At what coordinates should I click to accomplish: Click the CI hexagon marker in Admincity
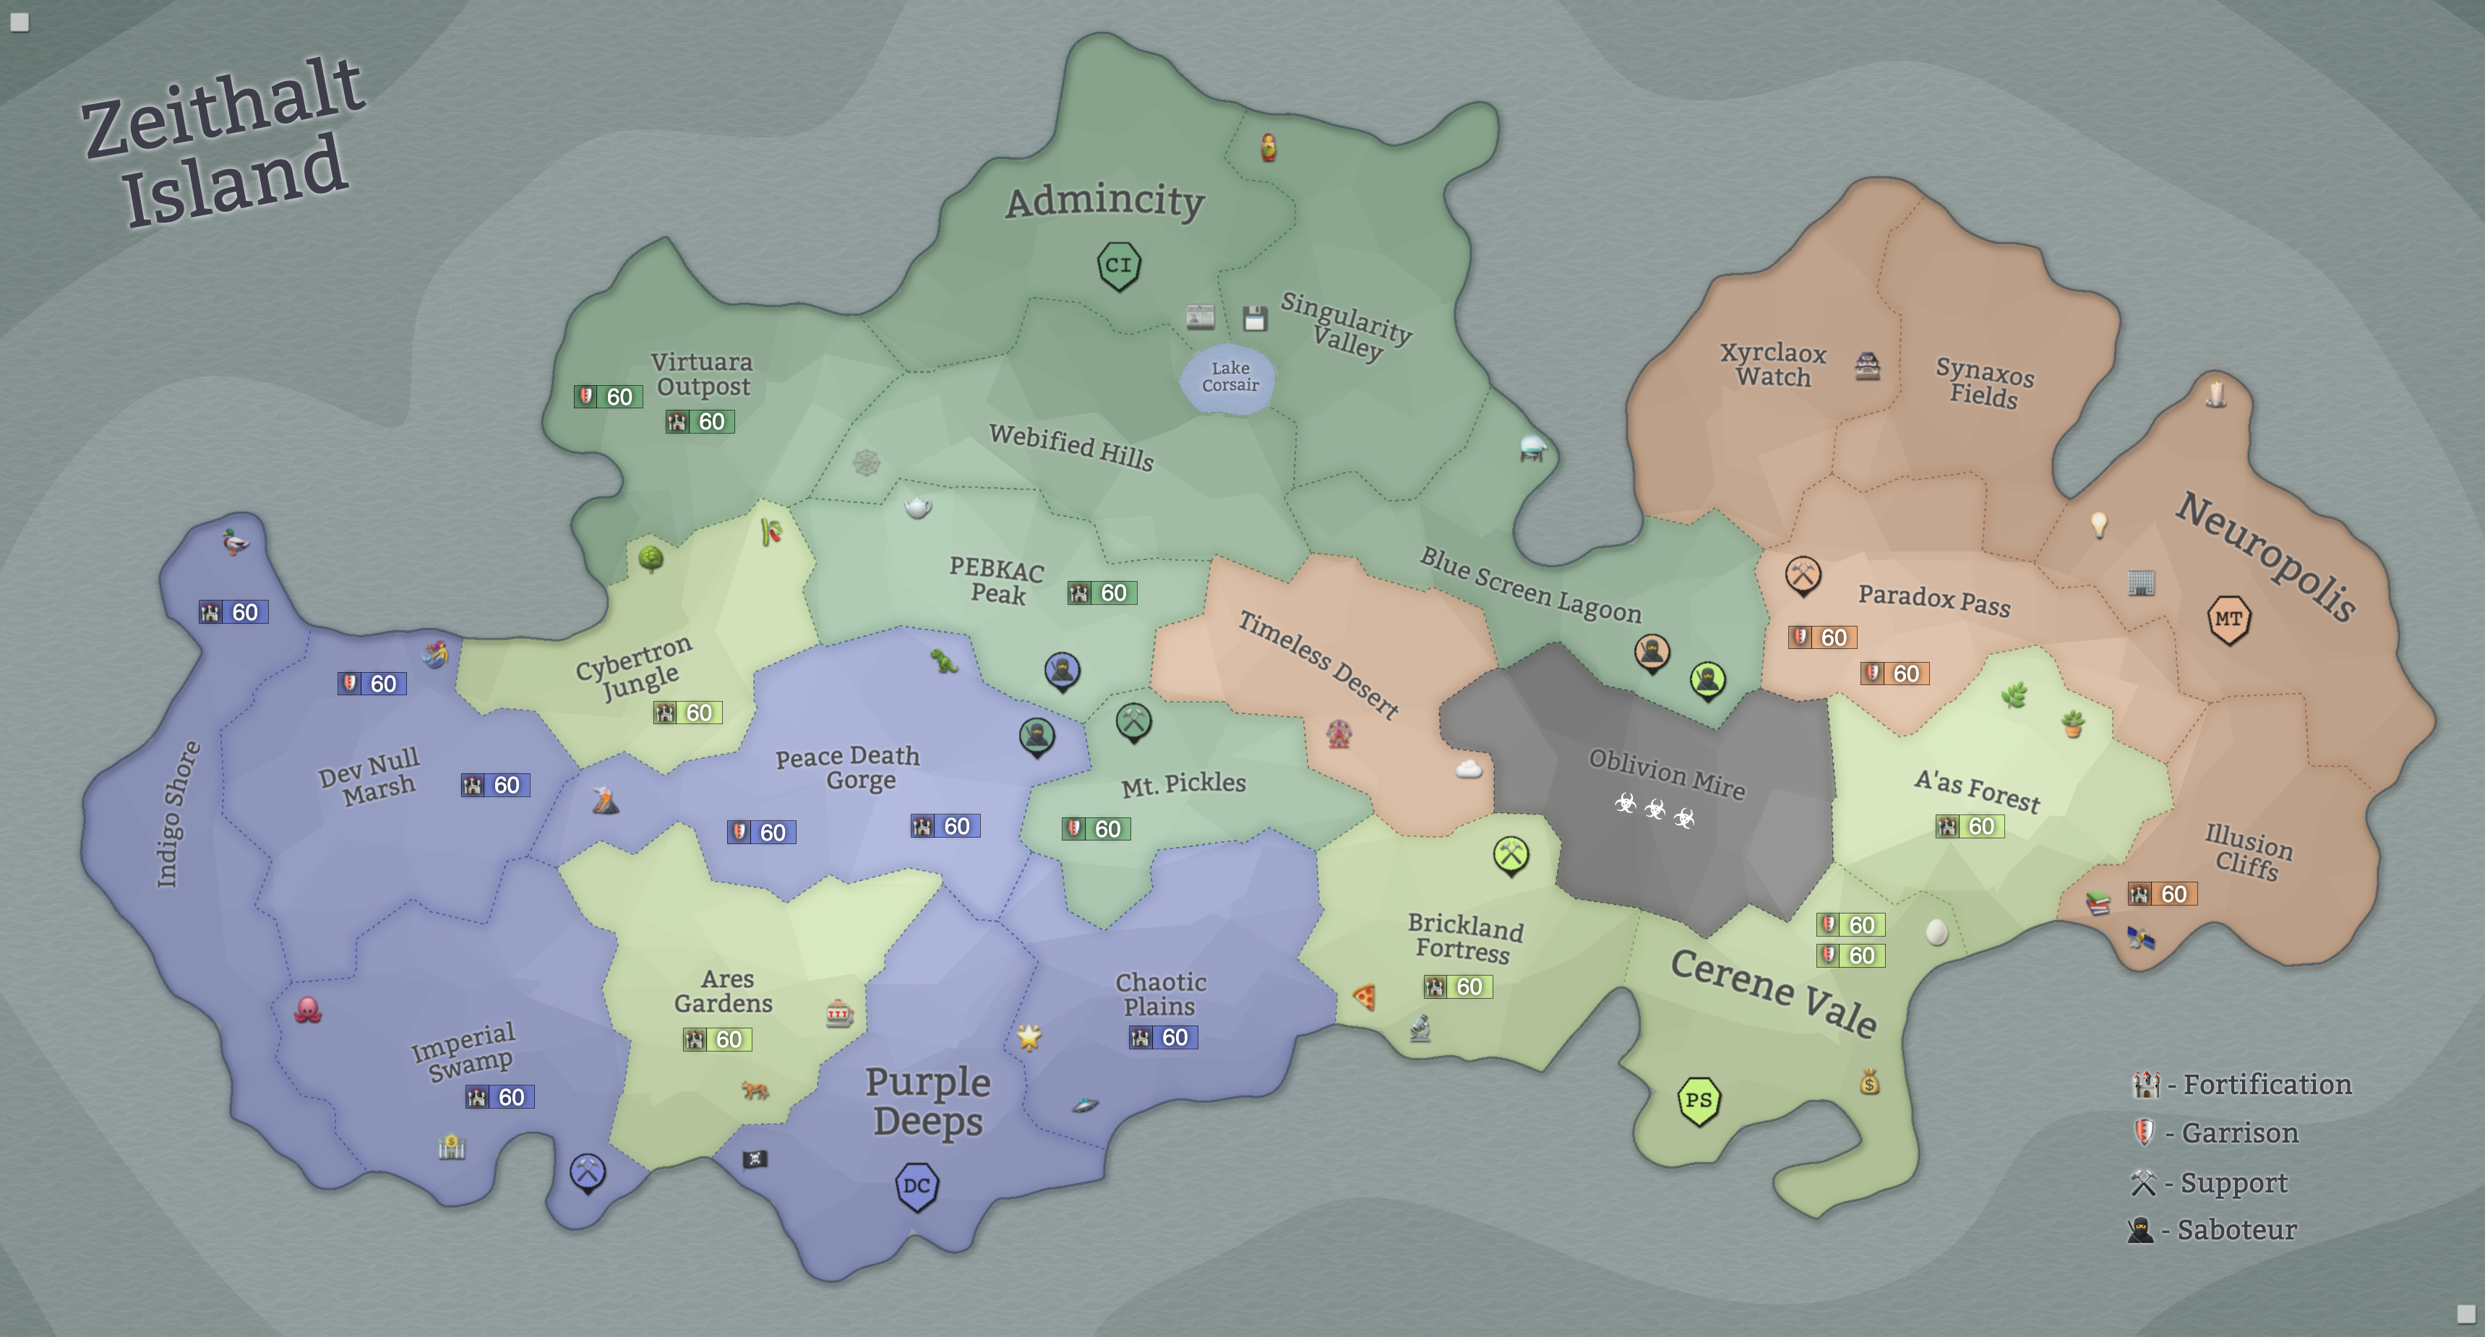click(1119, 265)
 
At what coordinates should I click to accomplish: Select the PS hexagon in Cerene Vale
click(1699, 1101)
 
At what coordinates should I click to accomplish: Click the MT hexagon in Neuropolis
click(2228, 619)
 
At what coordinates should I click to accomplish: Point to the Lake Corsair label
click(1230, 377)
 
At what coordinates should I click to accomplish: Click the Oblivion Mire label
click(1667, 773)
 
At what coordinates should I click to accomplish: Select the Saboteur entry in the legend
click(2213, 1230)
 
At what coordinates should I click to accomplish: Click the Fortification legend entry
click(2243, 1084)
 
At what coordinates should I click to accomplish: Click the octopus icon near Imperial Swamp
click(308, 1010)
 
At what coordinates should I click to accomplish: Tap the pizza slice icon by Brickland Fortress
click(1364, 997)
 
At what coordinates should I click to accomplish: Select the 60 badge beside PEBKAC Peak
click(1102, 593)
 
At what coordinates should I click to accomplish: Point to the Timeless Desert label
click(1318, 665)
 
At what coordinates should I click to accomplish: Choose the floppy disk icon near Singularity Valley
click(1254, 318)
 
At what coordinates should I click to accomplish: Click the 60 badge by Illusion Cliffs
click(2162, 894)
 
